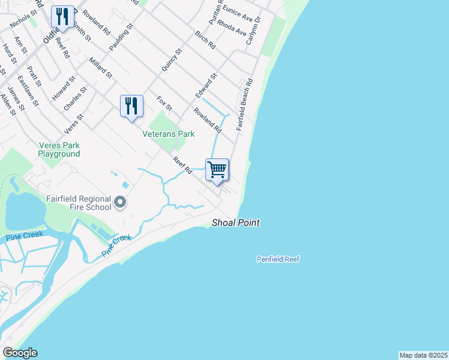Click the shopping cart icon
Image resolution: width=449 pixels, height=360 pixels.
(x=217, y=169)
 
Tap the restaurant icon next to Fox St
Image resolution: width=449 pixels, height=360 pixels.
(x=131, y=106)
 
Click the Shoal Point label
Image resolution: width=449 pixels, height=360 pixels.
(x=236, y=223)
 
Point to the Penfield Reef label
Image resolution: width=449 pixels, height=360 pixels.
(x=277, y=259)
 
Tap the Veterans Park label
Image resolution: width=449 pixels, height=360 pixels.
(x=168, y=134)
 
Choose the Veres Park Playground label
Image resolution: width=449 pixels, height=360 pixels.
(x=59, y=149)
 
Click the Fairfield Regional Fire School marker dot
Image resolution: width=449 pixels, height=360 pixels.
(x=120, y=202)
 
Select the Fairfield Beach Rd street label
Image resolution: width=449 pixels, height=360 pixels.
(x=245, y=105)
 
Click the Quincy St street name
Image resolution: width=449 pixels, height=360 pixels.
(x=171, y=62)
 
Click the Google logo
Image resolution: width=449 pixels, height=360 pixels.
(x=20, y=353)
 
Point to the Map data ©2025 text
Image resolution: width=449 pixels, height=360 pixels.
(x=423, y=355)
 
